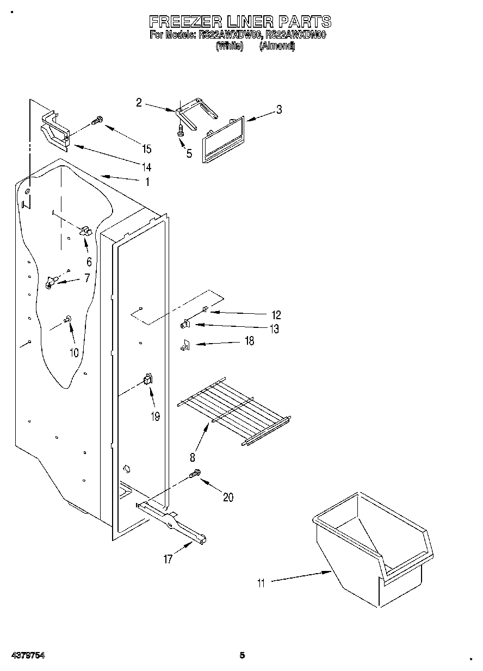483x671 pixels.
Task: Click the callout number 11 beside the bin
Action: (261, 583)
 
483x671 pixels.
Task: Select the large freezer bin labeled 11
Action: (375, 549)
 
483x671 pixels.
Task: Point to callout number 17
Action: (168, 559)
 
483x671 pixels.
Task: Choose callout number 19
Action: (156, 417)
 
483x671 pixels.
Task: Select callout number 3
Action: (278, 110)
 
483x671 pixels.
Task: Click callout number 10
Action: (73, 352)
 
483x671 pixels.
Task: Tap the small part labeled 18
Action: (184, 345)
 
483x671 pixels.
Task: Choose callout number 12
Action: (276, 314)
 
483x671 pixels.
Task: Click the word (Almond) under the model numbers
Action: (277, 47)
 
